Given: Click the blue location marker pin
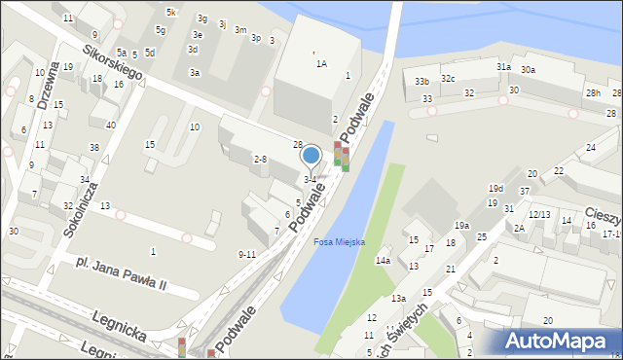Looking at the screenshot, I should point(311,156).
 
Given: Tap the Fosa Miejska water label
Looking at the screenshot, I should point(339,242).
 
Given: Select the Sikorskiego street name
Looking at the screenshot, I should point(113,60).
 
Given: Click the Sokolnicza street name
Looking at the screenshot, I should point(85,185).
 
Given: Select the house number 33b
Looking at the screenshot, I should point(421,81).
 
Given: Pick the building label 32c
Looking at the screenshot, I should point(448,78).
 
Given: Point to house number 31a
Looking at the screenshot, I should point(503,66).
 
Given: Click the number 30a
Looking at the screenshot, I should point(528,70).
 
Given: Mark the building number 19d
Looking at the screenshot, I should point(495,188).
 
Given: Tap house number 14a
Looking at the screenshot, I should point(384,260).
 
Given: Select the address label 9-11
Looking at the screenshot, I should point(246,254).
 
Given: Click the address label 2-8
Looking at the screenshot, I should point(260,159).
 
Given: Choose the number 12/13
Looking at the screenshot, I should point(539,214).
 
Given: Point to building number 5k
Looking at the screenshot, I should point(170,12).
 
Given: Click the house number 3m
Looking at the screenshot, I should point(239,30).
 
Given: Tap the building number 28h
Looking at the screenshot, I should point(593,92).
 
